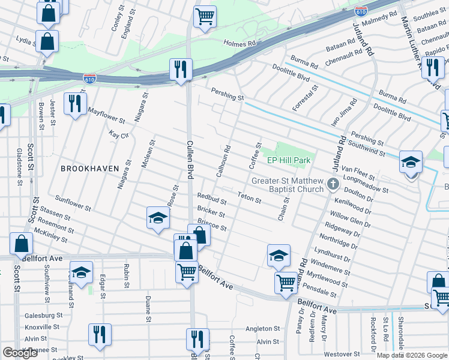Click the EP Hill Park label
(x=289, y=161)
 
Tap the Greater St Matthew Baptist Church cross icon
(x=333, y=184)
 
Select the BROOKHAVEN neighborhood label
(x=90, y=169)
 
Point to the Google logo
(x=20, y=353)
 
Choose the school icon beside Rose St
(x=158, y=217)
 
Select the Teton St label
(x=249, y=197)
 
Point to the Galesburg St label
(x=43, y=315)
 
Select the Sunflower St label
(x=72, y=203)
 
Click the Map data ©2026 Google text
(x=411, y=355)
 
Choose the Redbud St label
(x=212, y=199)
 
